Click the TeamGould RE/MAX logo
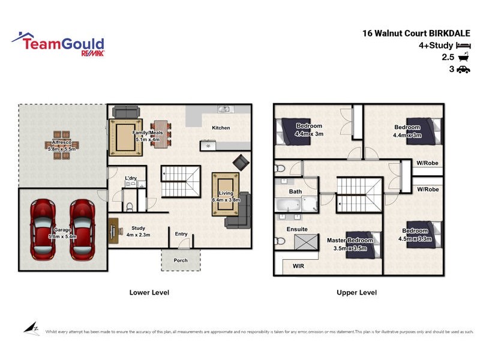coord(58,45)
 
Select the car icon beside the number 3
coord(463,70)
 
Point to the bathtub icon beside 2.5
coord(463,58)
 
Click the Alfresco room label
coord(62,142)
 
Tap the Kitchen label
coord(221,128)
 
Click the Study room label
coord(139,228)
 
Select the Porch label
coord(181,260)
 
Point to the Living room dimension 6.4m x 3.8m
coord(226,200)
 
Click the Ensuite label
coord(298,229)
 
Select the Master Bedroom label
coord(350,241)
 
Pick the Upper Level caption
coord(358,293)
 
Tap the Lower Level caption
coord(149,293)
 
